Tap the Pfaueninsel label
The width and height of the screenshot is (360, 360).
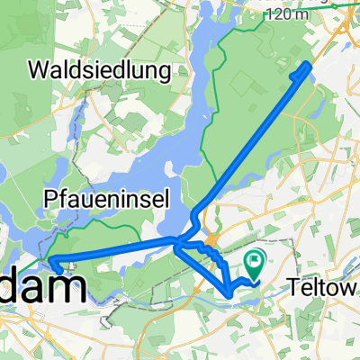[105, 200]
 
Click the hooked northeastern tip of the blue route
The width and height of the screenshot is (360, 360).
[310, 64]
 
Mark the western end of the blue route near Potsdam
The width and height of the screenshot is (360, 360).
[53, 264]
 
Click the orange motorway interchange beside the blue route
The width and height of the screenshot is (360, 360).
[210, 241]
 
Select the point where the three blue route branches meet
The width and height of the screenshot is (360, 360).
[177, 243]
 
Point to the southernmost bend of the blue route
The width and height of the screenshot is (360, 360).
[230, 292]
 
